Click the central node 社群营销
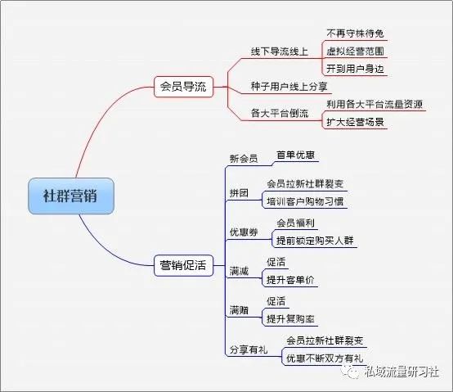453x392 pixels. point(71,196)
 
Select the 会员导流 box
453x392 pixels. point(183,87)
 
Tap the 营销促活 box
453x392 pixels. point(183,265)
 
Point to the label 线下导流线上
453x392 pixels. point(280,52)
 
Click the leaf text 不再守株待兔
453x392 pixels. point(355,34)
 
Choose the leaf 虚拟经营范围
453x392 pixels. point(355,52)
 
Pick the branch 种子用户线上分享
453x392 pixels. point(289,87)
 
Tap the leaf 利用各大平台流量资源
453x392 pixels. point(375,104)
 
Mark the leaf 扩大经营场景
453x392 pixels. point(355,122)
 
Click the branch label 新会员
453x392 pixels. point(244,159)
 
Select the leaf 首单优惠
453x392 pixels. point(295,155)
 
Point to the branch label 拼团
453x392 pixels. point(239,193)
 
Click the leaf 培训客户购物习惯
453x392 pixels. point(305,201)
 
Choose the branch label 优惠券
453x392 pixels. point(244,232)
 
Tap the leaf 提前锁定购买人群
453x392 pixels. point(315,241)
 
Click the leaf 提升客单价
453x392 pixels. point(290,280)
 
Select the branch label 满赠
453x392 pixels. point(239,310)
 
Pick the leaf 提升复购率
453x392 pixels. point(290,319)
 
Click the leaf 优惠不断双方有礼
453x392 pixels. point(325,358)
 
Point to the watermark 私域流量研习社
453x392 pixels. point(401,372)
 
